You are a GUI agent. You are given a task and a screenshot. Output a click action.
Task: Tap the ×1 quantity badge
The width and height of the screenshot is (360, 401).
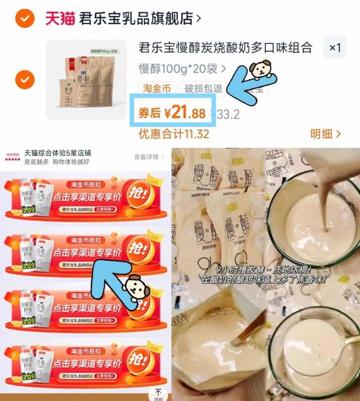pyautogui.click(x=334, y=48)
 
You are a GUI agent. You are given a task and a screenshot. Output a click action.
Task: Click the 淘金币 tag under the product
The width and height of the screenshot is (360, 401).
pyautogui.click(x=156, y=89)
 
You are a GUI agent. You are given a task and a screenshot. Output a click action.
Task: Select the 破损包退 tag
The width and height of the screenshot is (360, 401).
pyautogui.click(x=203, y=89)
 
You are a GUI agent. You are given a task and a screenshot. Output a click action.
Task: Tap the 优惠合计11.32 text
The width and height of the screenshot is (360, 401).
pyautogui.click(x=173, y=134)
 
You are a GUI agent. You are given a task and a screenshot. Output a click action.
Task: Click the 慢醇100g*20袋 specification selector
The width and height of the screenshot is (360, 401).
pyautogui.click(x=182, y=68)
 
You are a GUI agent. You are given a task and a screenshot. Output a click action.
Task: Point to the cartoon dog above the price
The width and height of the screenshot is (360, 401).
pyautogui.click(x=261, y=70)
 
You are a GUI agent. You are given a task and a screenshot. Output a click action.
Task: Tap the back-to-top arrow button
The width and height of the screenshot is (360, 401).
pyautogui.click(x=158, y=393)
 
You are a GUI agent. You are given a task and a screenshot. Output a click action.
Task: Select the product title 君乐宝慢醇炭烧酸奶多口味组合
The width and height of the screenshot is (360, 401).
pyautogui.click(x=225, y=48)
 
